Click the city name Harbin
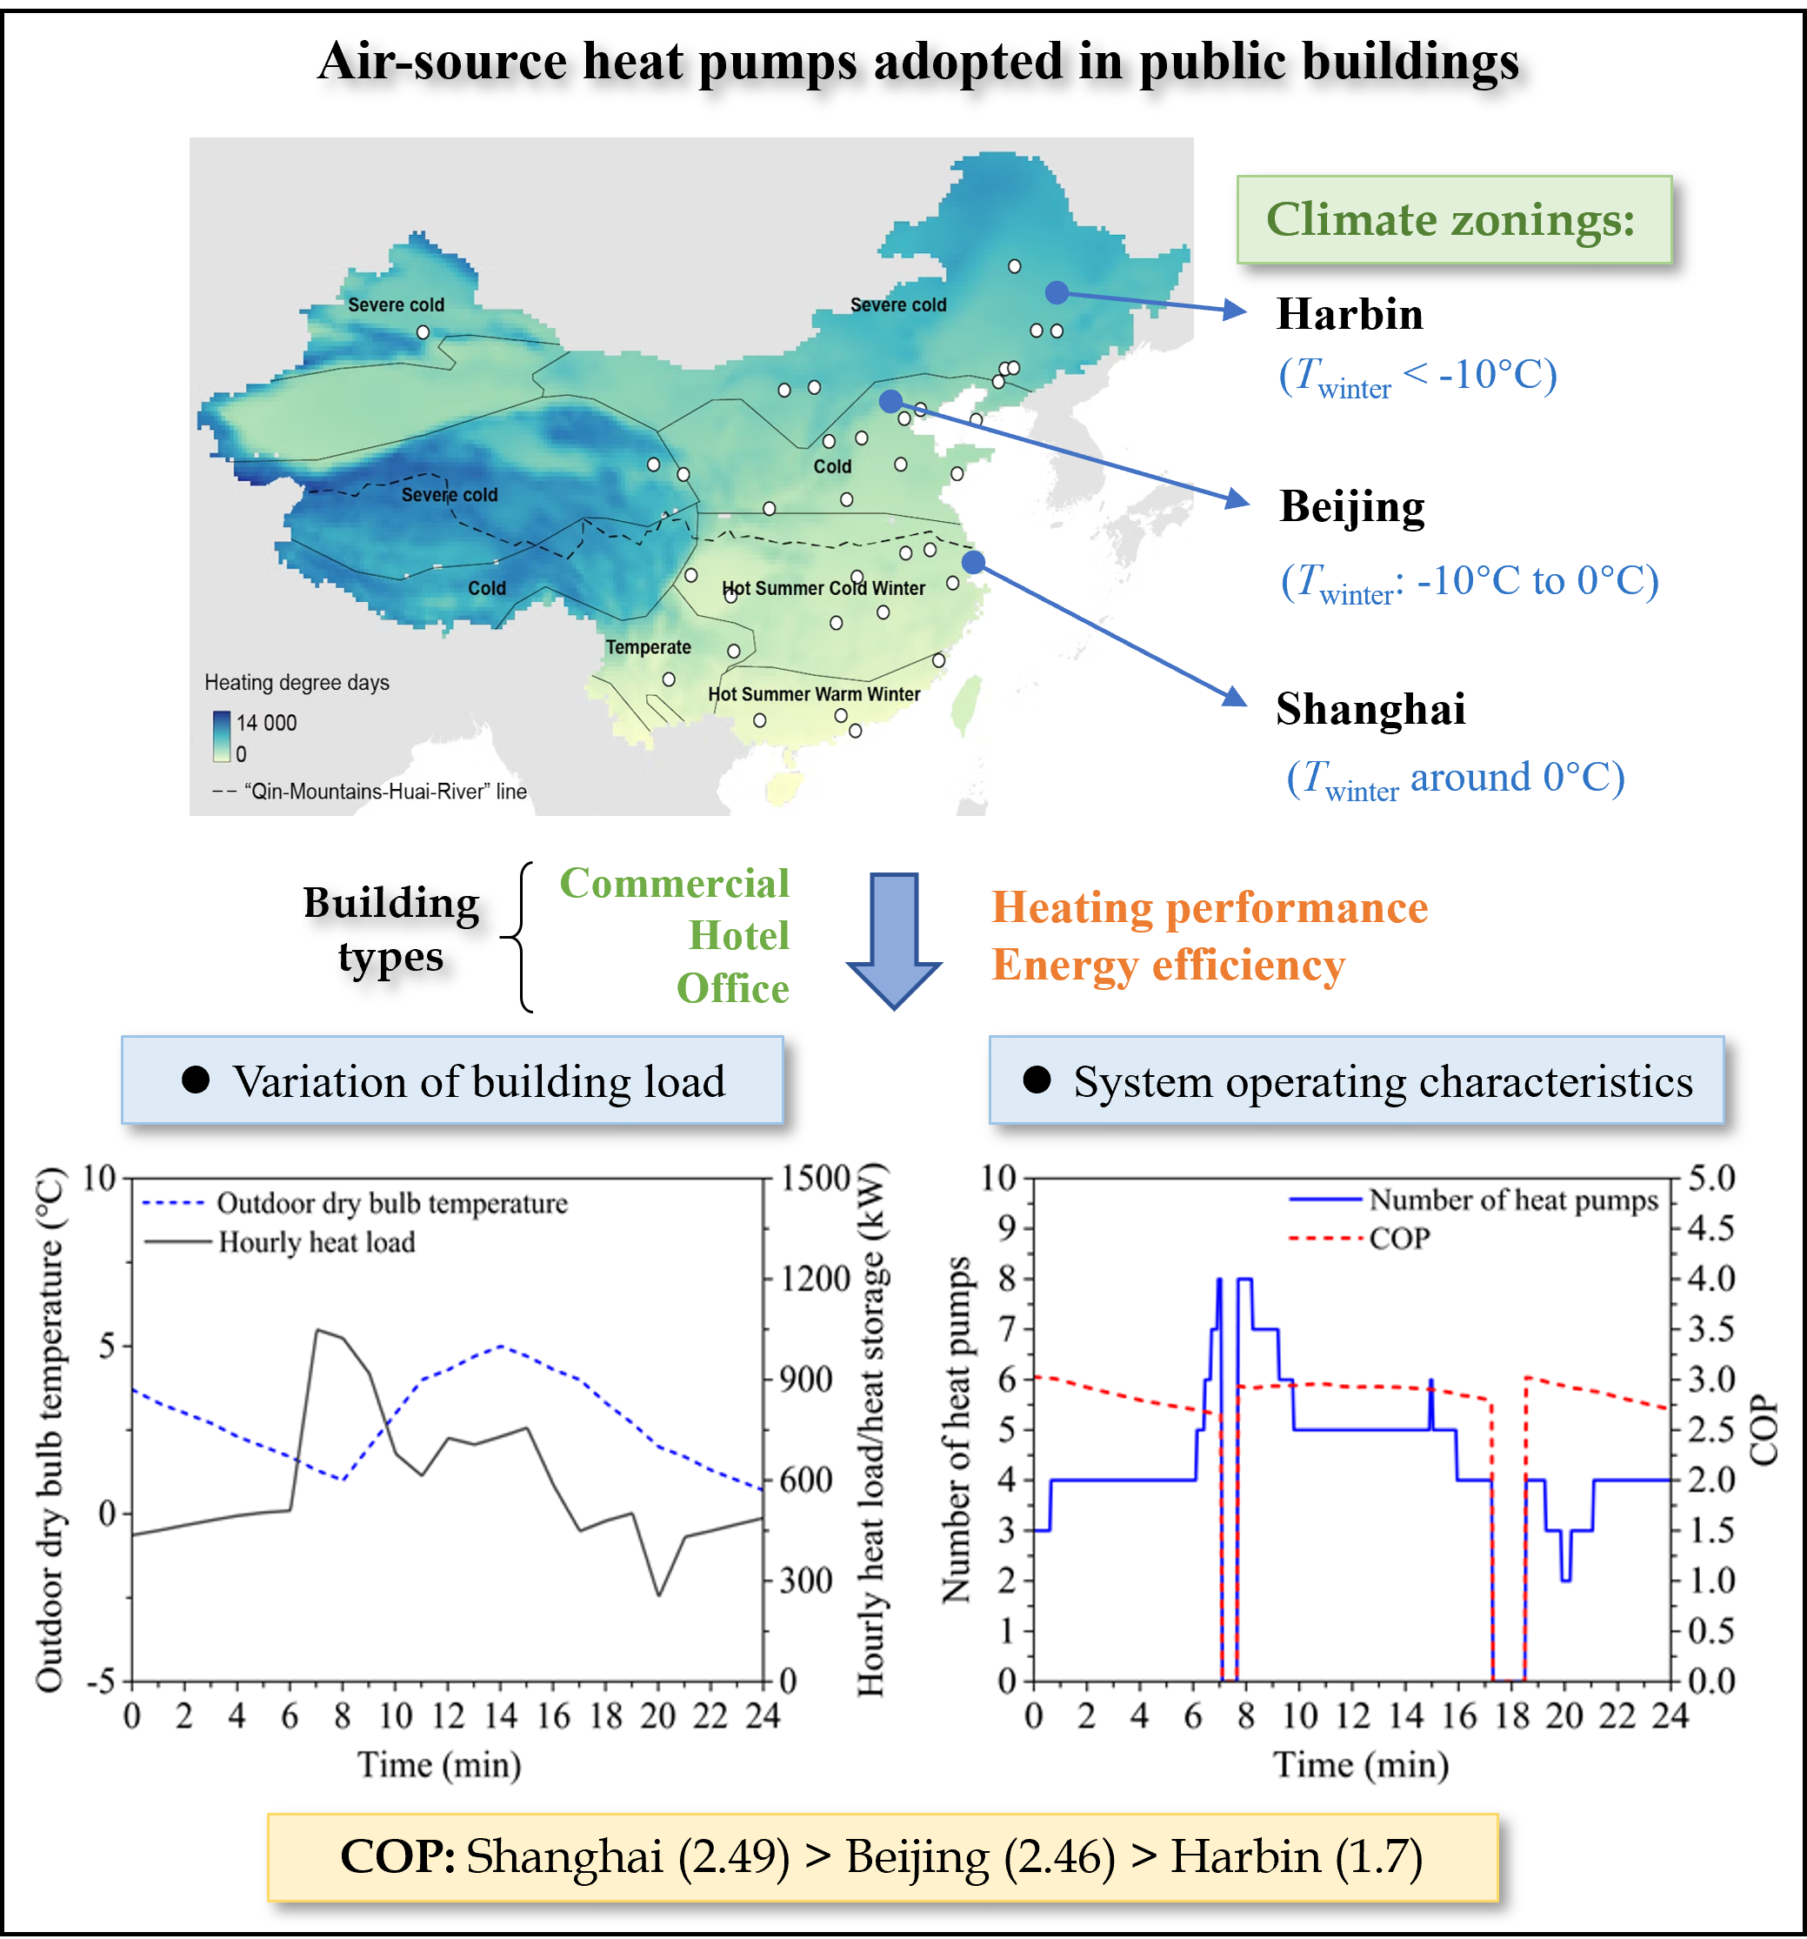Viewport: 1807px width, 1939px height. pyautogui.click(x=1350, y=315)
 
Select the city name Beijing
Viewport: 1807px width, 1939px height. pyautogui.click(x=1351, y=507)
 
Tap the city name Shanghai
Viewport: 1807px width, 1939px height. pyautogui.click(x=1370, y=709)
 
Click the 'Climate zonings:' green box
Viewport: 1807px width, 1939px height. pyautogui.click(x=1453, y=219)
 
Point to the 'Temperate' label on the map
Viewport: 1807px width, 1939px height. pyautogui.click(x=649, y=647)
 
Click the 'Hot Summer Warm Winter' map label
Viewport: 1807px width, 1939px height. pyautogui.click(x=813, y=694)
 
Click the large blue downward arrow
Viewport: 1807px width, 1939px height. pyautogui.click(x=893, y=940)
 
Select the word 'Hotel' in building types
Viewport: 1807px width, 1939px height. pyautogui.click(x=738, y=936)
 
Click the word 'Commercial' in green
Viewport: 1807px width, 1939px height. pyautogui.click(x=674, y=884)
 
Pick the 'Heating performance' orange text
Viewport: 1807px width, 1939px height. pyautogui.click(x=1210, y=908)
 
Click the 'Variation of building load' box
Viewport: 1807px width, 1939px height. pyautogui.click(x=452, y=1080)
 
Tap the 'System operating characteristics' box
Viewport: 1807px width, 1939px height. pyautogui.click(x=1357, y=1080)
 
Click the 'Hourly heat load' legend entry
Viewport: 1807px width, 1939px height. pyautogui.click(x=316, y=1242)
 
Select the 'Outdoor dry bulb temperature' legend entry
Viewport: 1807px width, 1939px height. pyautogui.click(x=391, y=1204)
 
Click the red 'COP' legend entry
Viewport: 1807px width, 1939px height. pyautogui.click(x=1398, y=1239)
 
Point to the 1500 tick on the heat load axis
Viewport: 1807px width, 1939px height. pyautogui.click(x=814, y=1177)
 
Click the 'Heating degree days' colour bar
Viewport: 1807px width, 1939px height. pyautogui.click(x=223, y=737)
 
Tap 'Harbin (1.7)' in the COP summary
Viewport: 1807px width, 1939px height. pyautogui.click(x=1296, y=1856)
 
